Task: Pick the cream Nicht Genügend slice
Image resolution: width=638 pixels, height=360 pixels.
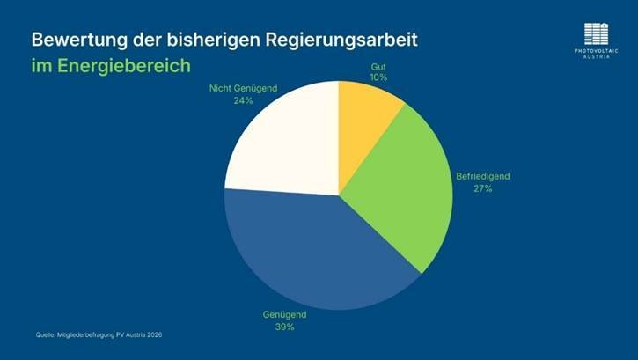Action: point(282,141)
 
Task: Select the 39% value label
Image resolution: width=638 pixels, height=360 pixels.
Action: point(283,327)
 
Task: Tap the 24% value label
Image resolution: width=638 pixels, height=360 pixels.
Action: point(244,100)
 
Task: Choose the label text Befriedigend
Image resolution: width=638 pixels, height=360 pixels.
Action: point(482,176)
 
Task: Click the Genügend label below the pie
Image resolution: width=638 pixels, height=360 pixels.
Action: point(283,314)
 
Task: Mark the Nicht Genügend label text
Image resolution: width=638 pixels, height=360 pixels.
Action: point(244,88)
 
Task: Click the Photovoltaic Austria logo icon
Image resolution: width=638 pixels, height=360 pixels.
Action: point(597,33)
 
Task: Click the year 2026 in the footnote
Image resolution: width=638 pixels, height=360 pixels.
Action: point(153,334)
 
